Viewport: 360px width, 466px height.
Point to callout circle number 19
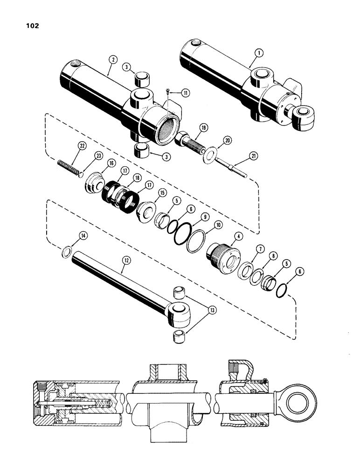pos(204,127)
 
